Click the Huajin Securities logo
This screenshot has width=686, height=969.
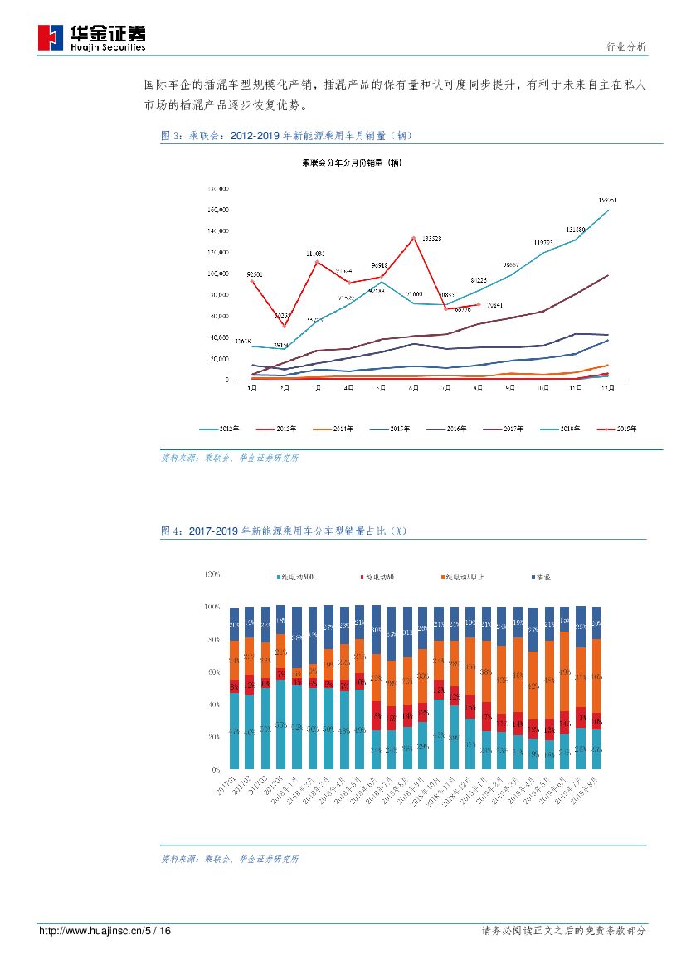click(x=92, y=37)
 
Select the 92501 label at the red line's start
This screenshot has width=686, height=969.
click(x=255, y=274)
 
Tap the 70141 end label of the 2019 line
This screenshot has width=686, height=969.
click(x=496, y=305)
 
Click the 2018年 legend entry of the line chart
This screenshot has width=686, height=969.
click(x=567, y=429)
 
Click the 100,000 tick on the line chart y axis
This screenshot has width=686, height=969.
click(x=217, y=274)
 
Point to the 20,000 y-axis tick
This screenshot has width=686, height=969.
click(x=218, y=359)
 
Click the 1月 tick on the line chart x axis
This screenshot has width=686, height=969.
click(x=251, y=388)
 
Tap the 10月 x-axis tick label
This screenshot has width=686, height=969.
click(x=543, y=388)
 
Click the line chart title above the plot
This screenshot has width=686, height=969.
click(x=352, y=162)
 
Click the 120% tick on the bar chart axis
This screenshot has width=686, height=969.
click(x=213, y=574)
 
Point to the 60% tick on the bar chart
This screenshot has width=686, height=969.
click(x=215, y=671)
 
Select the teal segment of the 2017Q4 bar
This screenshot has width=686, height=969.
click(x=280, y=724)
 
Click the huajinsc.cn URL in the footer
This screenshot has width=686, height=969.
click(x=105, y=932)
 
